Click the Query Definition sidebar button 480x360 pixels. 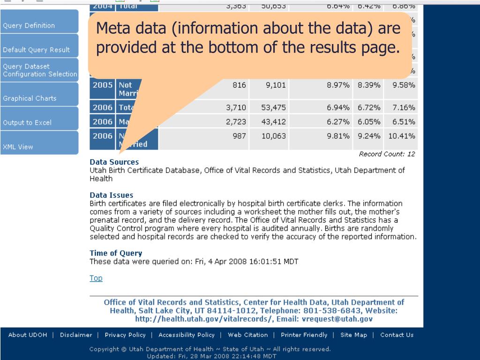(29, 26)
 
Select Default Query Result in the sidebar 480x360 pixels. (37, 50)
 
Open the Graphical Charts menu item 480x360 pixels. (30, 98)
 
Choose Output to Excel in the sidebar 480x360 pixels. (27, 123)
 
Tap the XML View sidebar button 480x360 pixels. (18, 147)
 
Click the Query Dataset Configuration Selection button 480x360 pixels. (39, 70)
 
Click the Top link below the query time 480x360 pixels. (96, 278)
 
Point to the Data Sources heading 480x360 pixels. (114, 162)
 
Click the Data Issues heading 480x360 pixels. (111, 195)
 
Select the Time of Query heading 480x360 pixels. (116, 253)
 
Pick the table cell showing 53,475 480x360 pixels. (273, 108)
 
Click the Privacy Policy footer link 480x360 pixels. (125, 335)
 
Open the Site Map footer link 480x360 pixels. (353, 335)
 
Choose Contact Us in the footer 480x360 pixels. (397, 335)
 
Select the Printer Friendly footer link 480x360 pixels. (304, 335)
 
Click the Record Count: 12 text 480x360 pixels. (387, 154)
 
